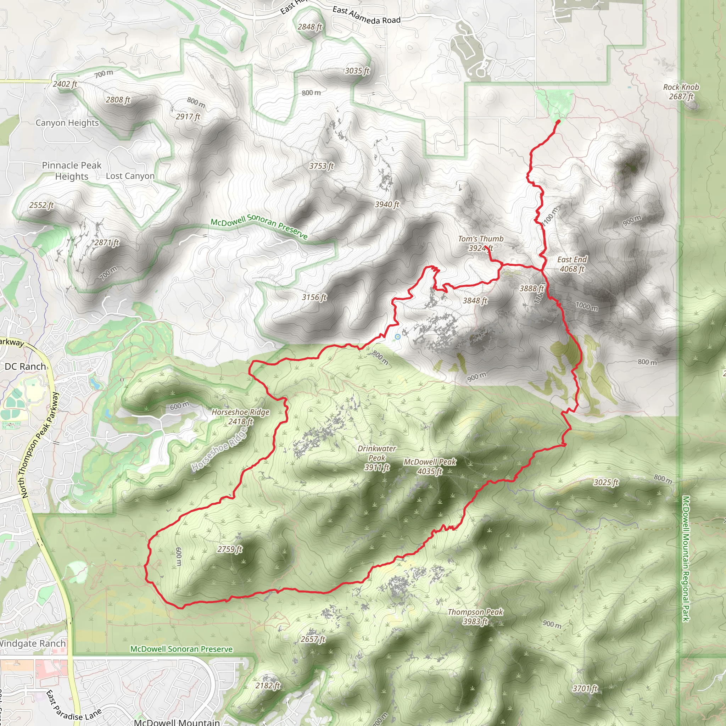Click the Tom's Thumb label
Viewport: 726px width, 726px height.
point(480,239)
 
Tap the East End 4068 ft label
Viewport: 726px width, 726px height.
point(571,264)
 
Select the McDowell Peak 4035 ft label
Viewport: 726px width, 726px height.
point(430,467)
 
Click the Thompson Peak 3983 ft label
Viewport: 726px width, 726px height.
point(475,617)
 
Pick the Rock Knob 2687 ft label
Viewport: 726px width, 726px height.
point(681,92)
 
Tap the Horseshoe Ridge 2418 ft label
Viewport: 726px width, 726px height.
point(240,417)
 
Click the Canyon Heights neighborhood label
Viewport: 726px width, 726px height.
point(67,123)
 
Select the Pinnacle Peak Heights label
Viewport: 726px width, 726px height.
point(71,171)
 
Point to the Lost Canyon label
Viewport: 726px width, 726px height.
point(130,176)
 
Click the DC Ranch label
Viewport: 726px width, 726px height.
point(25,367)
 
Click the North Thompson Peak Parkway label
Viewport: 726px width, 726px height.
point(39,446)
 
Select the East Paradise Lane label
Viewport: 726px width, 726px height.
point(74,705)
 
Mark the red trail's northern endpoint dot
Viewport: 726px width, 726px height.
point(558,121)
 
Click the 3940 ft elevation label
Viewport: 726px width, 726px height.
point(387,205)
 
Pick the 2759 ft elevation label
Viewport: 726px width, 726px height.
point(230,549)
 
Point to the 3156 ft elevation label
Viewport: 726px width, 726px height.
point(314,297)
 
